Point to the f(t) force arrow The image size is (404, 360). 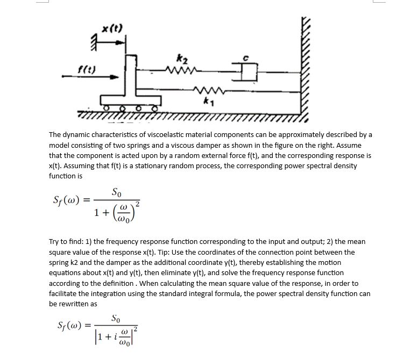click(x=86, y=76)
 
